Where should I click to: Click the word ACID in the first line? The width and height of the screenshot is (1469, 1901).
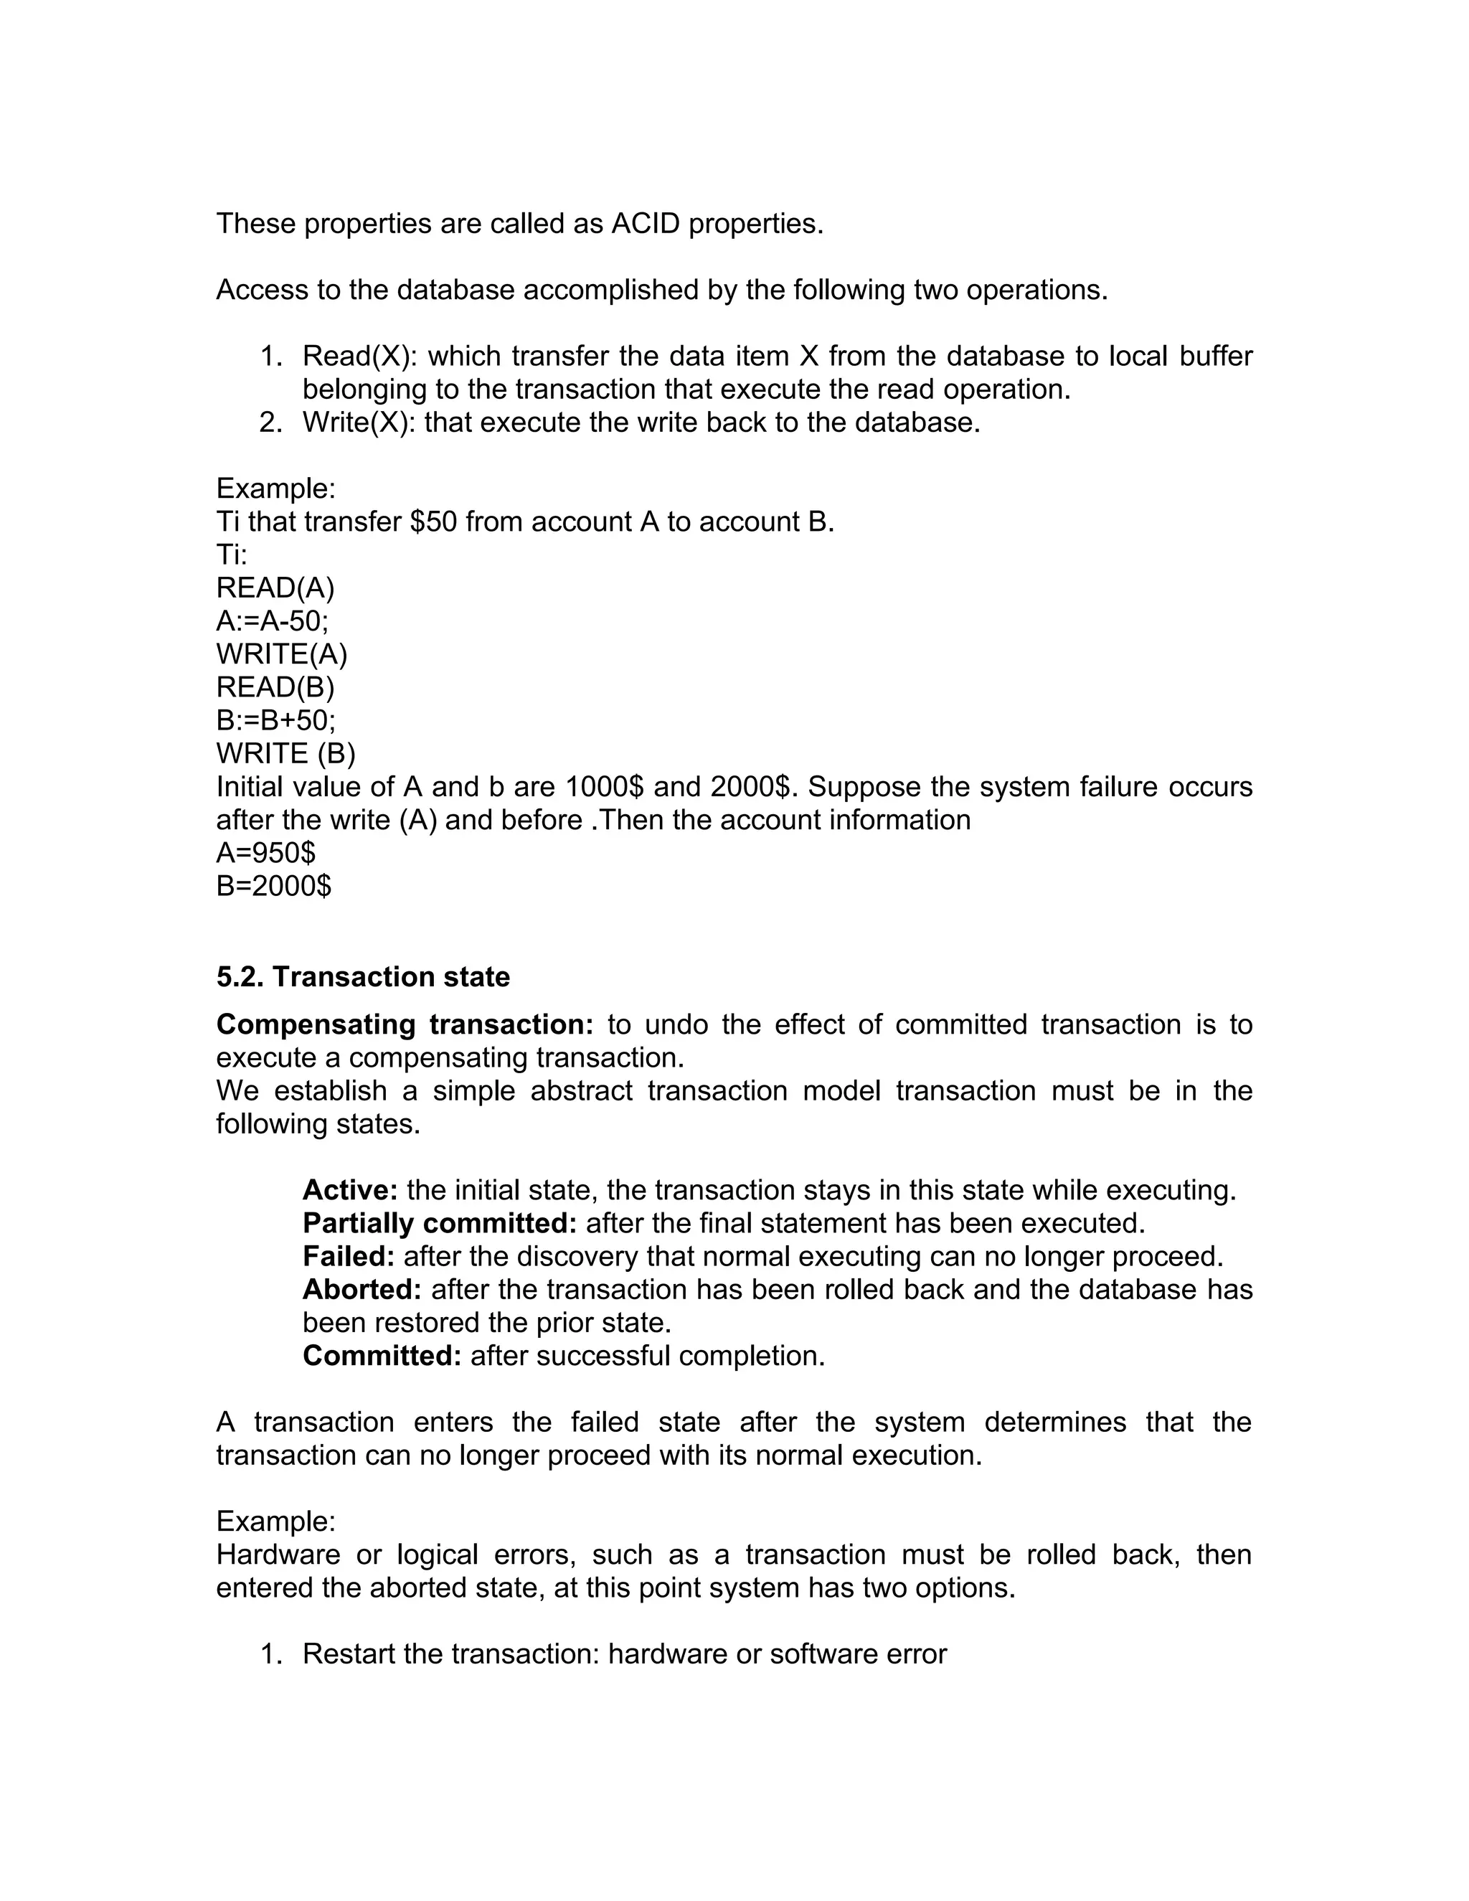pyautogui.click(x=644, y=225)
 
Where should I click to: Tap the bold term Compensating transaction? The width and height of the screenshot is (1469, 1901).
pyautogui.click(x=405, y=1024)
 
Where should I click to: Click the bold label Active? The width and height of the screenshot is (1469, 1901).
pyautogui.click(x=350, y=1190)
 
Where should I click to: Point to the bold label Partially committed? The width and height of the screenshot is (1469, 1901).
pyautogui.click(x=440, y=1223)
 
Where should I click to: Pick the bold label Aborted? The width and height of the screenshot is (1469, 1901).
pyautogui.click(x=362, y=1289)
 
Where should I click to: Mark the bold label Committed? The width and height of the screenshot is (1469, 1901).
pyautogui.click(x=381, y=1355)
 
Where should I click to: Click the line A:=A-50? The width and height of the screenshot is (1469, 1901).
pyautogui.click(x=273, y=621)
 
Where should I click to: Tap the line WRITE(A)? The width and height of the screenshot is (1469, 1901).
pyautogui.click(x=281, y=654)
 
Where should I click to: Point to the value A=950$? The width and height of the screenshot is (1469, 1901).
pyautogui.click(x=265, y=853)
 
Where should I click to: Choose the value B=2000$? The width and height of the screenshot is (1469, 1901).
pyautogui.click(x=273, y=886)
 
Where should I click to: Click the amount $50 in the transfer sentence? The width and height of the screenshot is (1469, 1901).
pyautogui.click(x=433, y=522)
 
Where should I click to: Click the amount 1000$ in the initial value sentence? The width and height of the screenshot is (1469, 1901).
pyautogui.click(x=604, y=787)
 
